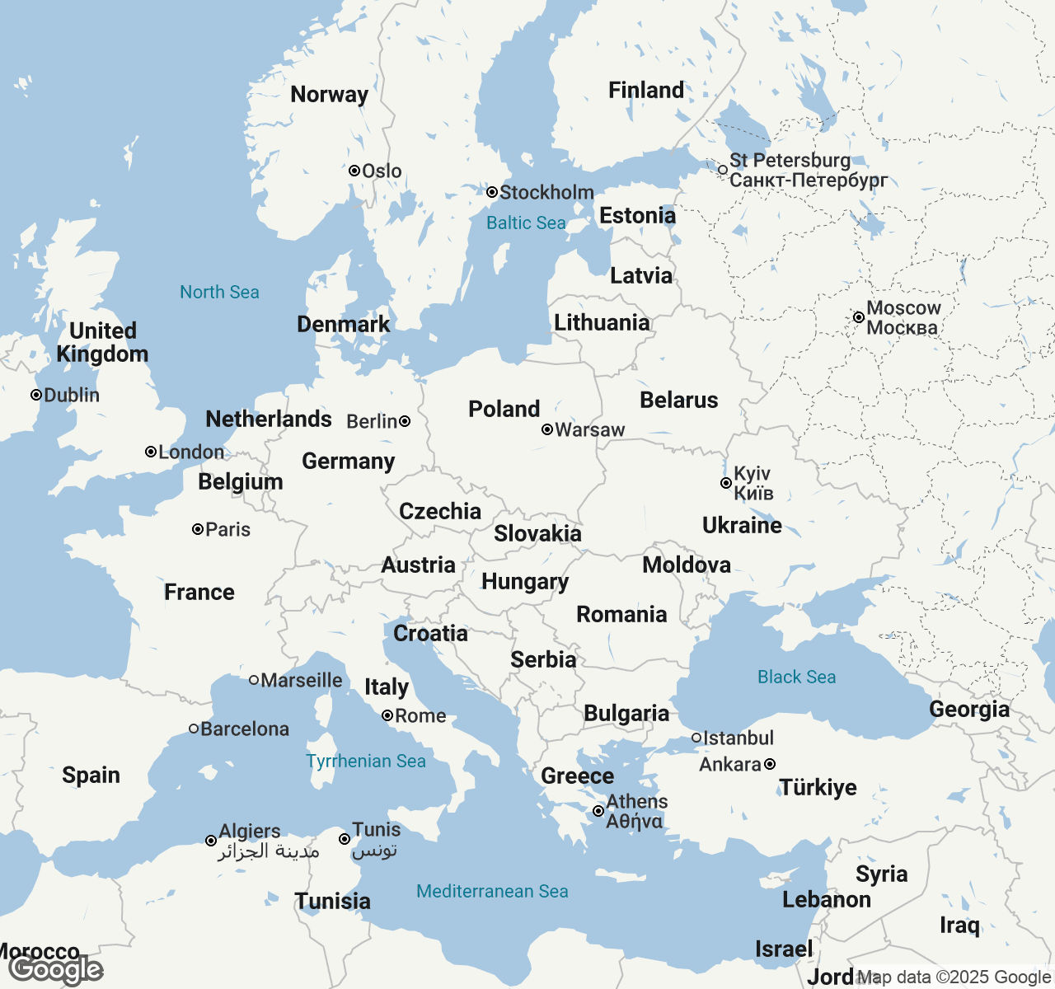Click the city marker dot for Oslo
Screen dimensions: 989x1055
[x=354, y=171]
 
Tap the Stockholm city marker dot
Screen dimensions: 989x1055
[x=492, y=192]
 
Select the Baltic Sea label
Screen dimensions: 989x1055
[x=526, y=223]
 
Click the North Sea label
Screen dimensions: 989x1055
[x=219, y=292]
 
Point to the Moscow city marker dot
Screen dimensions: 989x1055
[x=859, y=317]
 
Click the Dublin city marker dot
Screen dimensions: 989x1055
[x=36, y=395]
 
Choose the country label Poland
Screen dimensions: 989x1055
[x=504, y=409]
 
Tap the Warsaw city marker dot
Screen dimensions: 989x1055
[x=547, y=429]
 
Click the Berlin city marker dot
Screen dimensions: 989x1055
[x=405, y=421]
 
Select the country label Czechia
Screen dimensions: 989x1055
[x=440, y=511]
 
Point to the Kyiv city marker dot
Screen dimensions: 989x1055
[x=726, y=483]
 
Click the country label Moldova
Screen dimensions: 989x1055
[x=687, y=565]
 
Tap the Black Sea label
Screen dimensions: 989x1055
[x=796, y=677]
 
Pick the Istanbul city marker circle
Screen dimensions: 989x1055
[x=696, y=738]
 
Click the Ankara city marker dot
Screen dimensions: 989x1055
[x=770, y=764]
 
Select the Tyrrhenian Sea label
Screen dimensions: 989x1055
[x=366, y=761]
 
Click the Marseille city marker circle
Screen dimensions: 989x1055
[x=255, y=680]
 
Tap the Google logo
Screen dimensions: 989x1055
[x=56, y=970]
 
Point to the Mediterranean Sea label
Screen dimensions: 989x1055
[x=492, y=891]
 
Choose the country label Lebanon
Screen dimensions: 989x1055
[x=826, y=899]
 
